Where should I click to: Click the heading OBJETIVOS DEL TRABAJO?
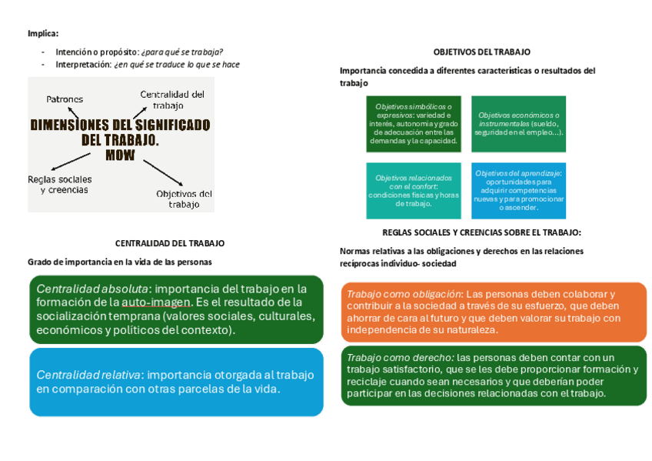click(x=481, y=52)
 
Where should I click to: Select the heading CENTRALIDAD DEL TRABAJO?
click(x=170, y=242)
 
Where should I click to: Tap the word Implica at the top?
click(x=42, y=33)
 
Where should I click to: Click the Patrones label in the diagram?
click(x=65, y=99)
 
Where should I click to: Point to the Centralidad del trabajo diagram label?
click(x=172, y=100)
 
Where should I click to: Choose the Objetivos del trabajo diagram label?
click(x=184, y=199)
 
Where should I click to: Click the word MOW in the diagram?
click(x=120, y=155)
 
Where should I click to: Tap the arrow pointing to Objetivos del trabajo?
click(x=163, y=173)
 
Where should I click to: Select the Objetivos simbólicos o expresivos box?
click(x=414, y=123)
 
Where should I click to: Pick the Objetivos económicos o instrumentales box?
click(x=518, y=123)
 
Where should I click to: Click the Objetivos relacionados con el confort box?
click(x=414, y=190)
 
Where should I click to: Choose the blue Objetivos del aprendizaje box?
click(x=518, y=190)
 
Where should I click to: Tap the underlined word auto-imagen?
click(x=155, y=302)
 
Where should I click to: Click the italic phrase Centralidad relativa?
click(x=88, y=375)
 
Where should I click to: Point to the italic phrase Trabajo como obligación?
click(x=404, y=294)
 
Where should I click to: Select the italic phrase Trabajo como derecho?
click(x=399, y=357)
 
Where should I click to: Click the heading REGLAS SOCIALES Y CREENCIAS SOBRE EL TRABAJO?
click(x=481, y=232)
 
